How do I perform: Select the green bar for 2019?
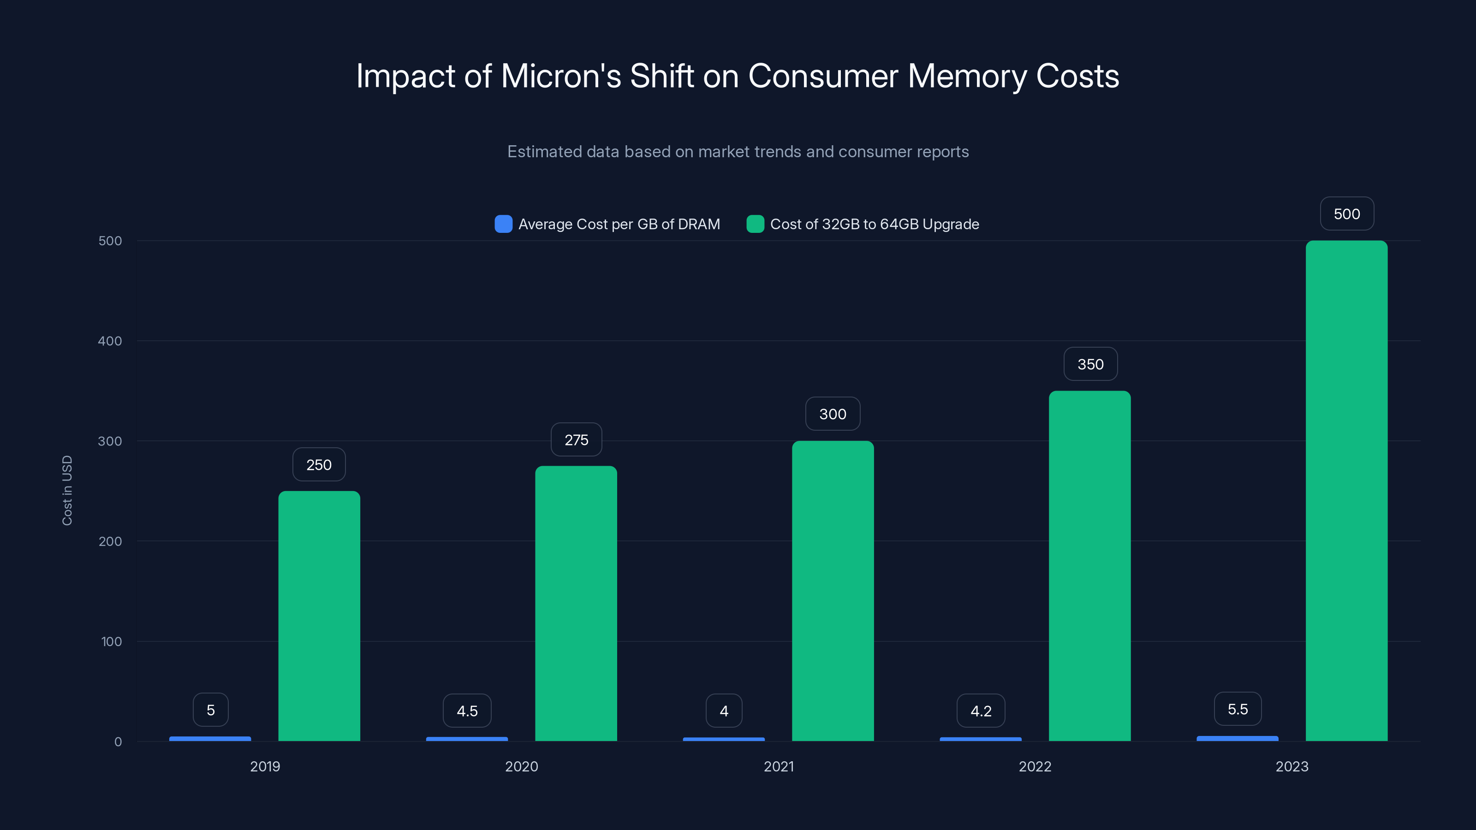(319, 616)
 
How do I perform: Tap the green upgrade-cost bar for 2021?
(833, 591)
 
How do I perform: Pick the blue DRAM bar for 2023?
(1237, 738)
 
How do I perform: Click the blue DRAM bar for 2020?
(466, 739)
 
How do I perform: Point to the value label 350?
(1090, 364)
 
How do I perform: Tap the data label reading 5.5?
(1237, 709)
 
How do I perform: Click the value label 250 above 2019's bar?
(319, 464)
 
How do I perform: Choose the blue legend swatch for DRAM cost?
(503, 224)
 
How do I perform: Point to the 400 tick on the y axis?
(110, 341)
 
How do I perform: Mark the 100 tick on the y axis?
(111, 641)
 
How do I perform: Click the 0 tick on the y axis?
(118, 742)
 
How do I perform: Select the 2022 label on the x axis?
(1034, 766)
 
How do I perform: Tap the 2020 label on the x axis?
(521, 766)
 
